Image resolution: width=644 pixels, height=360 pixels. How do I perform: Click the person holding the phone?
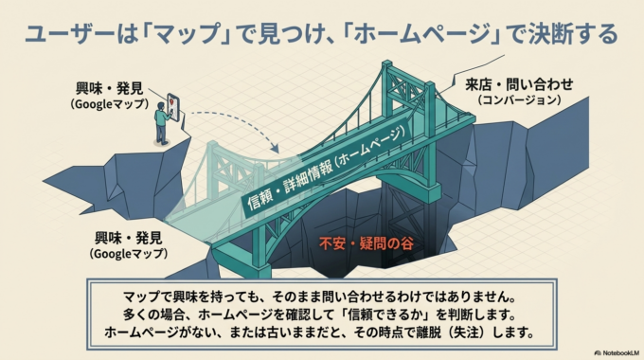click(162, 121)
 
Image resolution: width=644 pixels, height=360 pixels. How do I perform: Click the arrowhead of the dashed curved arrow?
click(274, 149)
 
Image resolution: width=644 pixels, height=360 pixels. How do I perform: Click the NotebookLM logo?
click(608, 351)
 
